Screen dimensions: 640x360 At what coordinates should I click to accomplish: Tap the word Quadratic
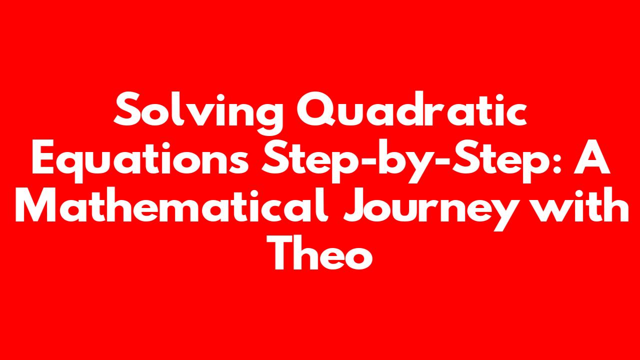(x=411, y=109)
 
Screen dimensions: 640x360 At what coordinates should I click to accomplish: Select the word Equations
(x=140, y=160)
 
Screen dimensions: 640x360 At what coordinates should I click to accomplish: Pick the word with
(x=577, y=204)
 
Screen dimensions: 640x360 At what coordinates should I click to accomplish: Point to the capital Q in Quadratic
(x=317, y=109)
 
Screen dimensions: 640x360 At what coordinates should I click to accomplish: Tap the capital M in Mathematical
(x=35, y=205)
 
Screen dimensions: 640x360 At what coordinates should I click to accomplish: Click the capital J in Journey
(x=357, y=205)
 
